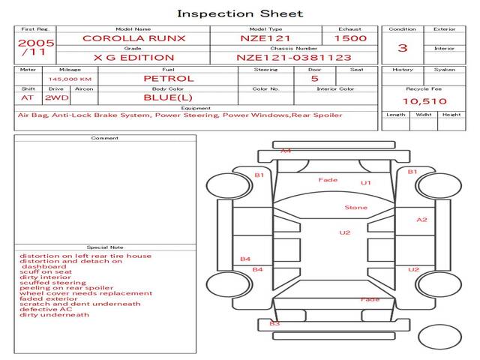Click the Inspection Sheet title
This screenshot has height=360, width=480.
point(239,13)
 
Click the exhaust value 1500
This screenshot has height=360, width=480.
point(350,37)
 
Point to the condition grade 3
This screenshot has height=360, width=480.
point(403,48)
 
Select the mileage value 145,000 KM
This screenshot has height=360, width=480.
point(70,79)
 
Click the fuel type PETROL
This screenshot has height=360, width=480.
point(168,78)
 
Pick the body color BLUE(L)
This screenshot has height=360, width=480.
point(168,97)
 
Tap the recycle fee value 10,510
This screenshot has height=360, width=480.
point(424,101)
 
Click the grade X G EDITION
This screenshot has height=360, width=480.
point(133,58)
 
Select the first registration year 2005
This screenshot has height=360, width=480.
point(35,43)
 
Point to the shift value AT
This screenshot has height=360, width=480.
point(27,97)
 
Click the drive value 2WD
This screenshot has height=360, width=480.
point(55,97)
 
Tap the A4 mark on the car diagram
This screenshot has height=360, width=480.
point(286,151)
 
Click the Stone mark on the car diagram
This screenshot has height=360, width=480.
point(355,208)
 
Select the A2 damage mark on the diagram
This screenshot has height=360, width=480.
point(421,220)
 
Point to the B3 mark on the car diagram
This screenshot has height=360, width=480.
point(274,324)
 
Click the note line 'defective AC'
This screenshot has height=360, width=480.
point(48,309)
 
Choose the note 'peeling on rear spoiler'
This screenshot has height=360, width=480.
point(67,288)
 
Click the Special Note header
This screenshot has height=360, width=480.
point(104,247)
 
